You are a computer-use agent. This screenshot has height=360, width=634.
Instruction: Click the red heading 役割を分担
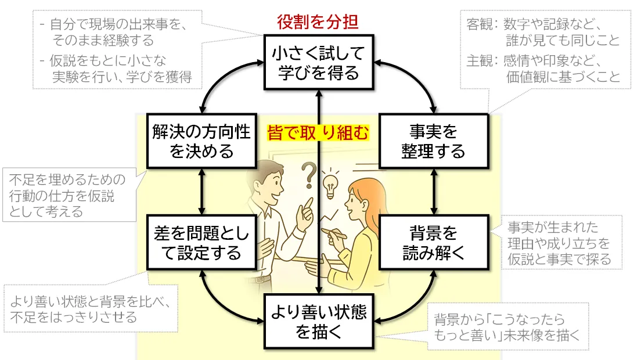(318, 22)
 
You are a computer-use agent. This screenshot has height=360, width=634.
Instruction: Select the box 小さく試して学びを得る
(319, 62)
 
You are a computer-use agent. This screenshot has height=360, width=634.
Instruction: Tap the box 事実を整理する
(434, 141)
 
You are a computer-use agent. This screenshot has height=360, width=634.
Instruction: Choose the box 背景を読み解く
(434, 242)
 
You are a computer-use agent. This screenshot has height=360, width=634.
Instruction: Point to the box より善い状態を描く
(319, 322)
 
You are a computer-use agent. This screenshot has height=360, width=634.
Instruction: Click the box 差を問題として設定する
(202, 242)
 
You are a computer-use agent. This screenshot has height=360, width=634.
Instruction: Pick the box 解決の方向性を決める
(202, 141)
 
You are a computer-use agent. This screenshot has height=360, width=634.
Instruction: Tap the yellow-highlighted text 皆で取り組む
(318, 132)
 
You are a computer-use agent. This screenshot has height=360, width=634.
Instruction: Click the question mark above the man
(308, 175)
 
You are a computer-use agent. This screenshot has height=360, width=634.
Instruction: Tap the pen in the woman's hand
(334, 233)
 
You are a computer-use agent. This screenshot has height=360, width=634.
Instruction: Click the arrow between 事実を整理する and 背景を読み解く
(434, 192)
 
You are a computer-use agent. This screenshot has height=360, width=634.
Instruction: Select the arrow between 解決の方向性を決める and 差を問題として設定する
(202, 192)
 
